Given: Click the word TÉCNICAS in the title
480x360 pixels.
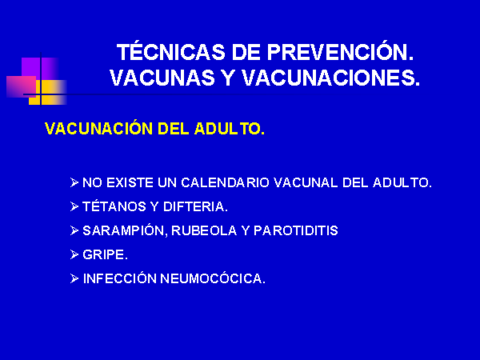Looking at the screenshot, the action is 171,51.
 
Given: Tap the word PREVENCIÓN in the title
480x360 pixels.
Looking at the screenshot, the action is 341,52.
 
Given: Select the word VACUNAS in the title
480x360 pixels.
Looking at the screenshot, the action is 162,78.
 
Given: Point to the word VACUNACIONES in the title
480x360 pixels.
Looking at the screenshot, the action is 330,78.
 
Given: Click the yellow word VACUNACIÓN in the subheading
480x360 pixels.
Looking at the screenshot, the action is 98,128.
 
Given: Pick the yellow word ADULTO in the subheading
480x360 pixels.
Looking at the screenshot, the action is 230,129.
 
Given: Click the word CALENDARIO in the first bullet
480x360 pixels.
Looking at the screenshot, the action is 225,182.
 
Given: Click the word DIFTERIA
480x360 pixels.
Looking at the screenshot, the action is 196,206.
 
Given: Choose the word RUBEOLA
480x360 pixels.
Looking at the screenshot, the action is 204,230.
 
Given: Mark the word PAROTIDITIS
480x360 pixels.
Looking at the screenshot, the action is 296,230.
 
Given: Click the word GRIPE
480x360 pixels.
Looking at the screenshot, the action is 105,254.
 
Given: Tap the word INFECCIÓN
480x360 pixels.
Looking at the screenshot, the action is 120,278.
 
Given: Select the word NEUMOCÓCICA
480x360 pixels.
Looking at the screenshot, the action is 213,278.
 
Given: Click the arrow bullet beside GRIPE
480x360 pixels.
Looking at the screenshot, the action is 74,254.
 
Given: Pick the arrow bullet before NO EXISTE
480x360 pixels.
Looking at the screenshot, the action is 74,182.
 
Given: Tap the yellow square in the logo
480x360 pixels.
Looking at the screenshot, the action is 48,92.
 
